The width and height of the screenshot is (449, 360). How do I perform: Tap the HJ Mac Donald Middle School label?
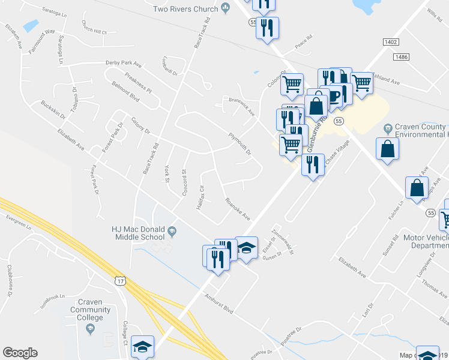pos(139,229)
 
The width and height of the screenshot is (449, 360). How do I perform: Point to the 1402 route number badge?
pos(390,41)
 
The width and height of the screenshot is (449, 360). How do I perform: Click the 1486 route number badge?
pos(402,56)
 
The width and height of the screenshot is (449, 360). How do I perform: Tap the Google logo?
pos(20,353)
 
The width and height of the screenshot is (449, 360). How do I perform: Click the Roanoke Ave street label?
pos(237,209)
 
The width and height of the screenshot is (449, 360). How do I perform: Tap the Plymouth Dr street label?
pos(240,144)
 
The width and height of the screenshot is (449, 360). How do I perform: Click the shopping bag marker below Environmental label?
pos(387,148)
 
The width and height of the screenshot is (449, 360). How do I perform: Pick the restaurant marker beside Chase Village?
pos(312,164)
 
